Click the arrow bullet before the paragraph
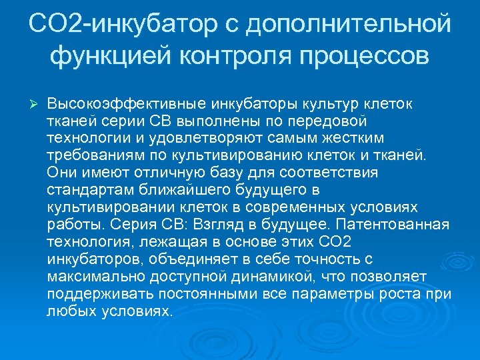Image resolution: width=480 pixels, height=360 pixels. [36, 105]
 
